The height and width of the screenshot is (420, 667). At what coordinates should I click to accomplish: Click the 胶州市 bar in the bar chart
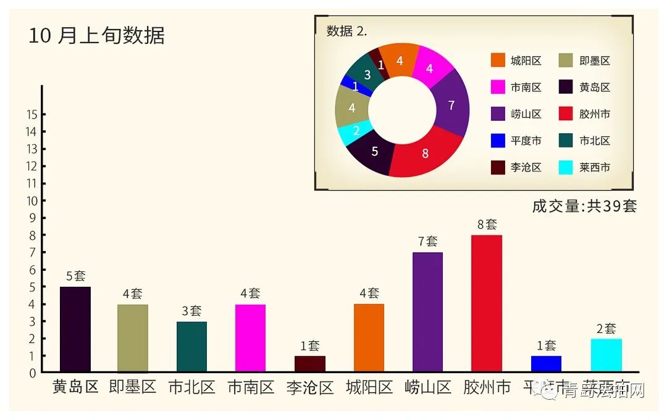(x=486, y=303)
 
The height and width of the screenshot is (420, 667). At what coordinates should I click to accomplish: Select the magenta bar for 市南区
(x=250, y=338)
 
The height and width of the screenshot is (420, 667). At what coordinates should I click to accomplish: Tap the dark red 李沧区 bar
(x=309, y=364)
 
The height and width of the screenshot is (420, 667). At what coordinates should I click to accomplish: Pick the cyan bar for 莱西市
(x=606, y=355)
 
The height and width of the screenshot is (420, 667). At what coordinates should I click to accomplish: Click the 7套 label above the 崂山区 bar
(x=427, y=242)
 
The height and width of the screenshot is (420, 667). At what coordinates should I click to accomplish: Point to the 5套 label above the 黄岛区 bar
(x=75, y=276)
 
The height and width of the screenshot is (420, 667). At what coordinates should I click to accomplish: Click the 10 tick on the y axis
(x=31, y=201)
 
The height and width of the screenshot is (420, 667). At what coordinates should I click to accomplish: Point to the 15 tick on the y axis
(x=31, y=115)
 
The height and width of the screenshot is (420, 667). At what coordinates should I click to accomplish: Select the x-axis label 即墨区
(x=132, y=387)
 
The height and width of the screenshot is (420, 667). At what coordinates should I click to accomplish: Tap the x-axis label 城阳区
(x=369, y=387)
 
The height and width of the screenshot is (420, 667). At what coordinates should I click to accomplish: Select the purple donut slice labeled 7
(x=451, y=105)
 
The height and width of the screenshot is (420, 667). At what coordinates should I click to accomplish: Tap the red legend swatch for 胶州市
(x=566, y=114)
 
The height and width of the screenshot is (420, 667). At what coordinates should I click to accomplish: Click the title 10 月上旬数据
(x=96, y=35)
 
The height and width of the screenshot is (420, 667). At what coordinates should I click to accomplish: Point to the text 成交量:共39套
(x=584, y=206)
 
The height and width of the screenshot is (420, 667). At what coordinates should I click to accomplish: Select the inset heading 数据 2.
(x=346, y=31)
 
